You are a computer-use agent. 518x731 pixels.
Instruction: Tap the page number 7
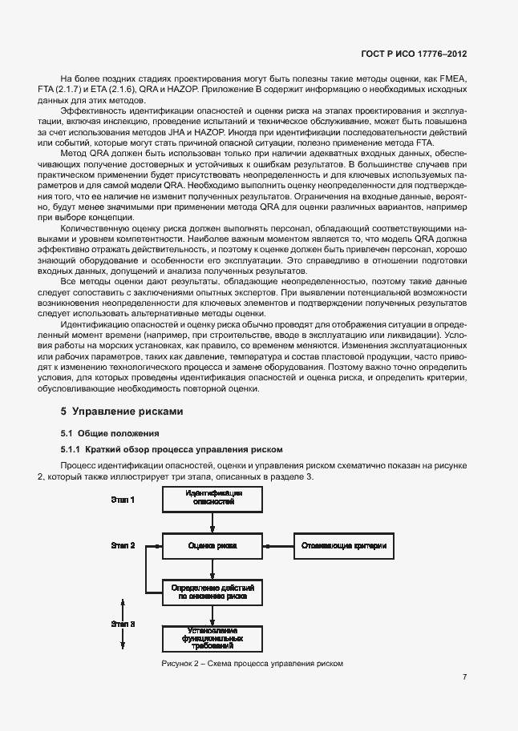pos(464,677)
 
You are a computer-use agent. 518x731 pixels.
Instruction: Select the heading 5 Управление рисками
pos(123,412)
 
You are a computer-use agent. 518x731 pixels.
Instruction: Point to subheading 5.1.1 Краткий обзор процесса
pos(155,451)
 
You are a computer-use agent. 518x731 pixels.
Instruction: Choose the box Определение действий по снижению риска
pos(212,592)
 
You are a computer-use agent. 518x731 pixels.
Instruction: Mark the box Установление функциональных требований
pos(212,638)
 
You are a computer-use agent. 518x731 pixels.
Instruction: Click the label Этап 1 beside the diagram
pos(122,500)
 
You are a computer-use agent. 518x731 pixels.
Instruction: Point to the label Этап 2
pos(122,546)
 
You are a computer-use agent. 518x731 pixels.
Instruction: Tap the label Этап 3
pos(122,622)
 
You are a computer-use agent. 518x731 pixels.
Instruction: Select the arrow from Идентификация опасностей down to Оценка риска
pos(212,523)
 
